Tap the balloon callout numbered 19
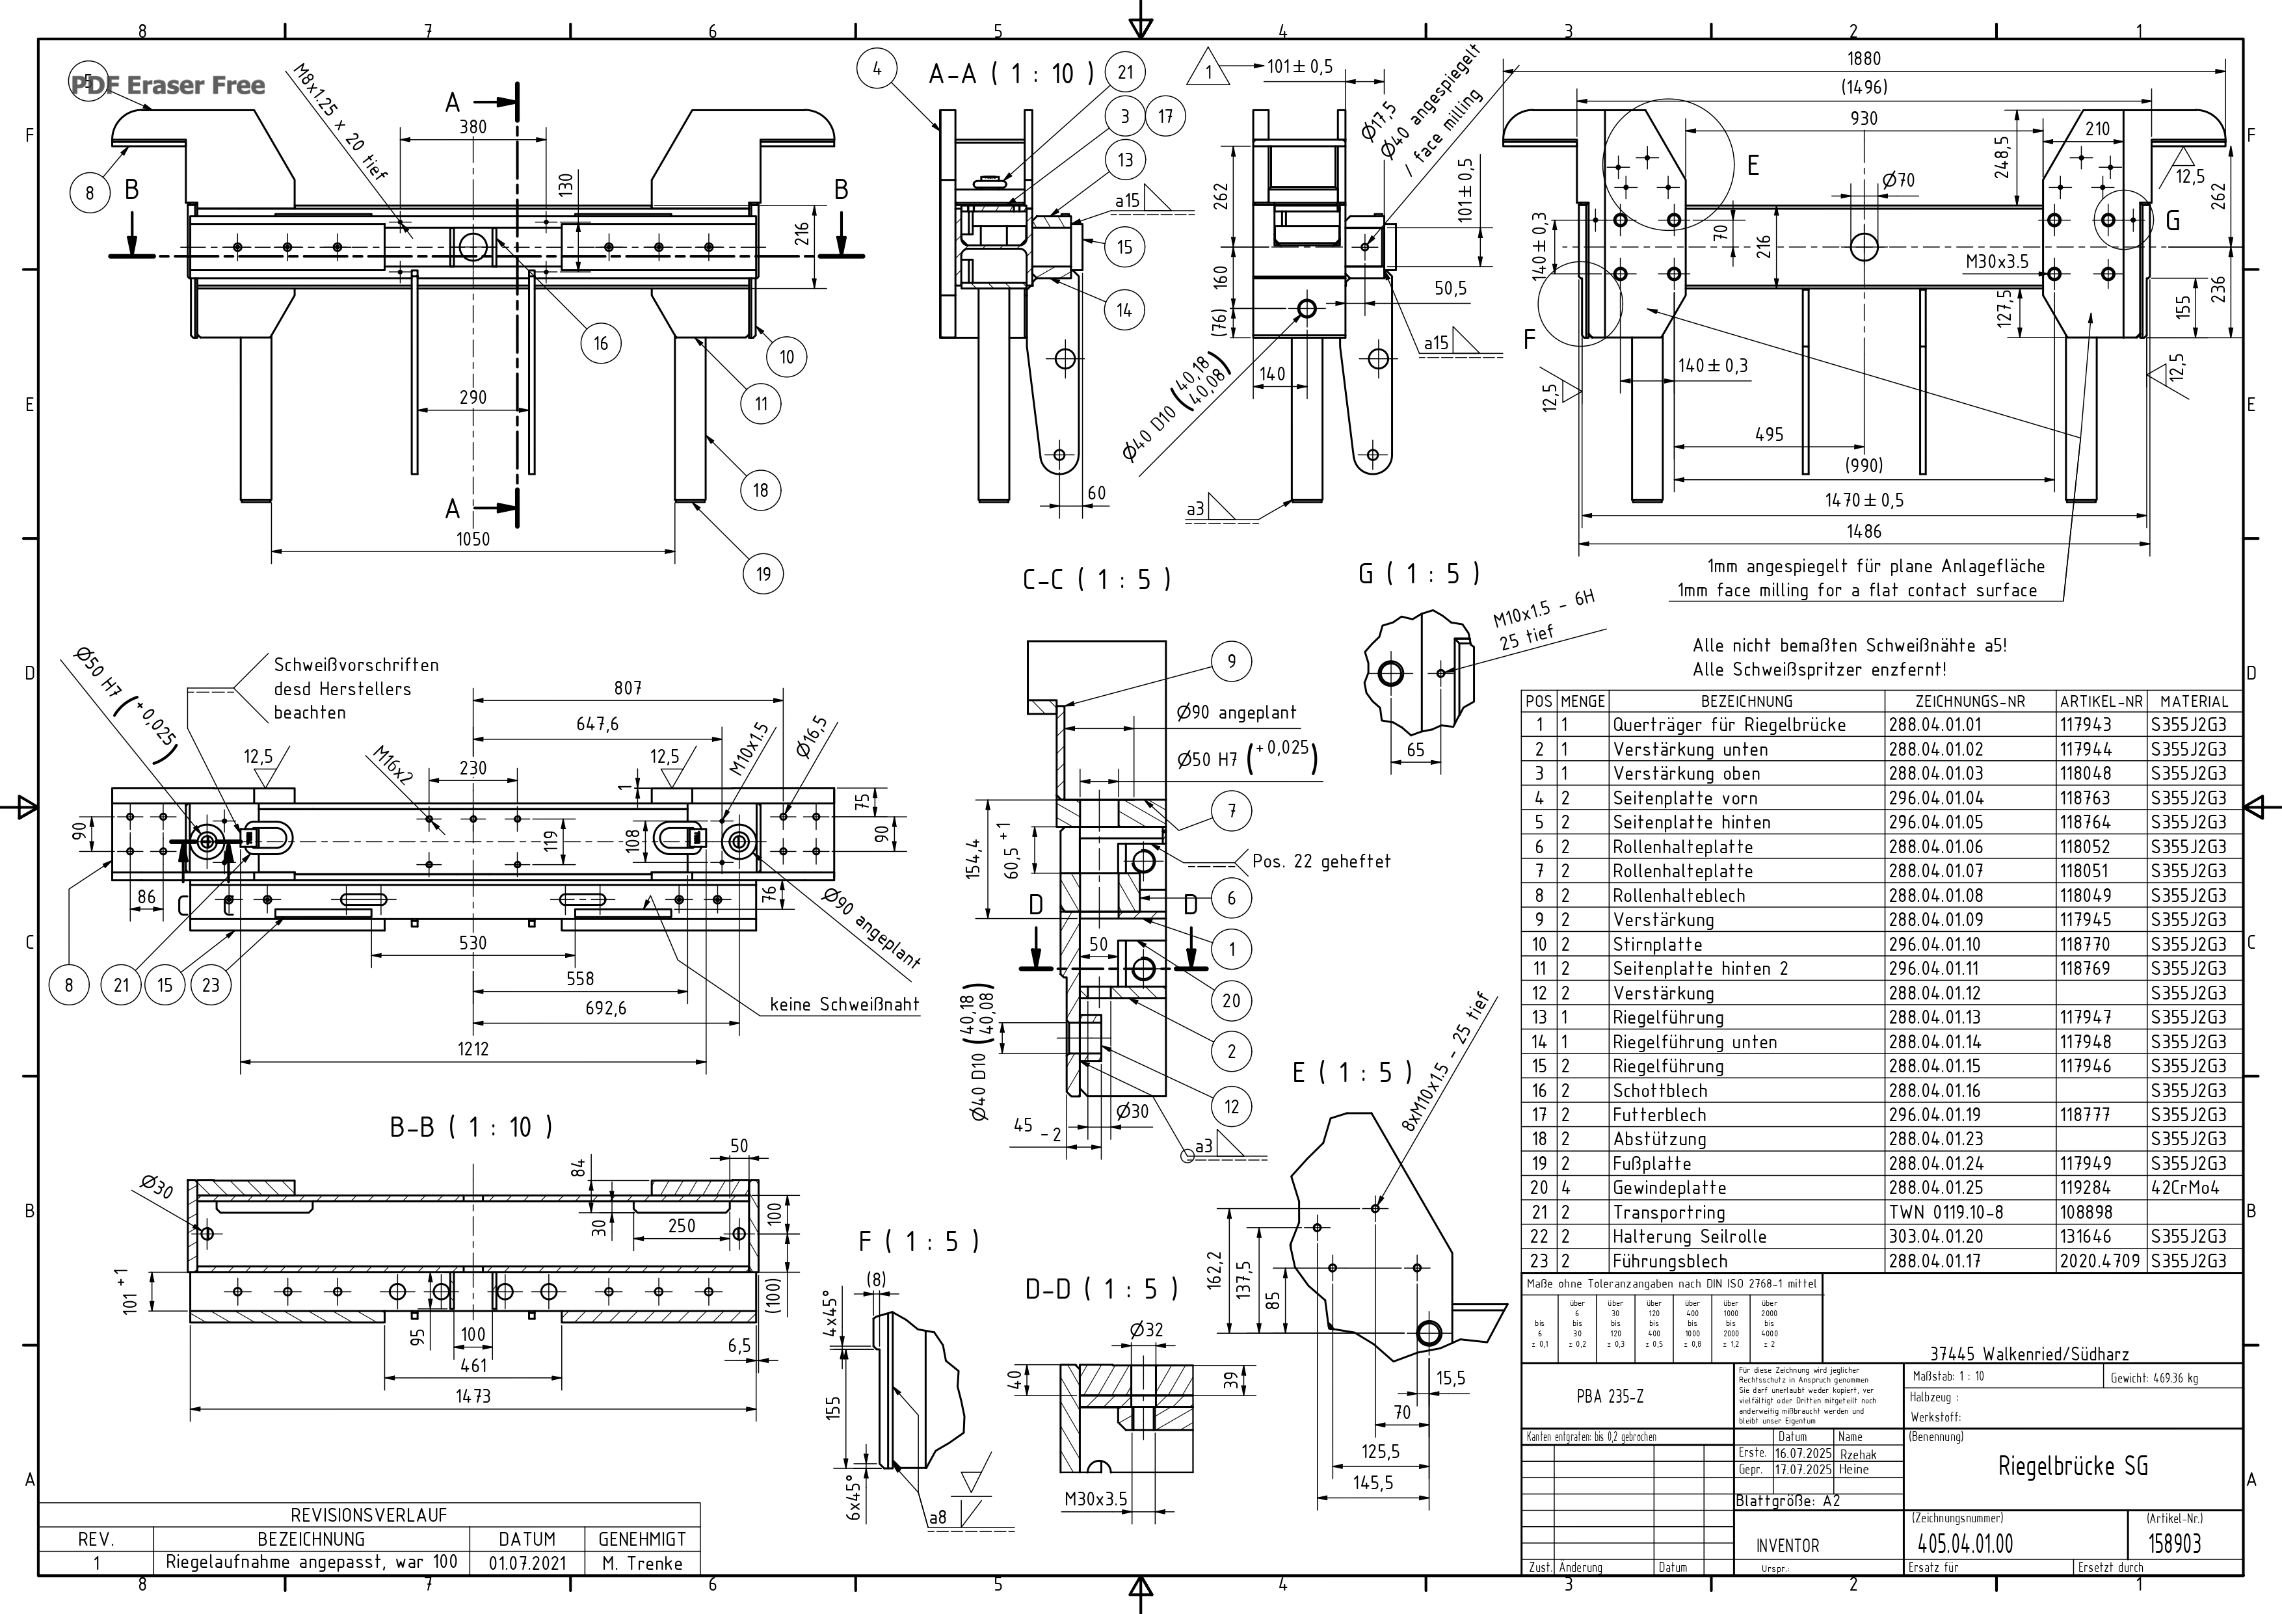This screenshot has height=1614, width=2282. coord(762,574)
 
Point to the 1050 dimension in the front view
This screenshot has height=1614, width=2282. coord(473,538)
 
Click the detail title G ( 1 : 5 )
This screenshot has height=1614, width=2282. coord(1418,574)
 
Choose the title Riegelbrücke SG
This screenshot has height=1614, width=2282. coord(2073,1466)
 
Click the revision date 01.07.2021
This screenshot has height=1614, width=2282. coord(527,1563)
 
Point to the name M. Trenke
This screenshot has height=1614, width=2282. coord(642,1563)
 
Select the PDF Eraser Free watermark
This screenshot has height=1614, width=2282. coord(168,85)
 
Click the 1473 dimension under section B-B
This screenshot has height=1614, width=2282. coord(473,1396)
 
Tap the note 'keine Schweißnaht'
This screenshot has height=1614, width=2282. coord(844,1005)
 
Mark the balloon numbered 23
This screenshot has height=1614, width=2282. coord(211,985)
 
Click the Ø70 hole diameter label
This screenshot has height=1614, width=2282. coord(1898,180)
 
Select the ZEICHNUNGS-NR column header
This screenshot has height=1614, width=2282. coord(1970,700)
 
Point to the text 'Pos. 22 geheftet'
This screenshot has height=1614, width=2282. coord(1321,862)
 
